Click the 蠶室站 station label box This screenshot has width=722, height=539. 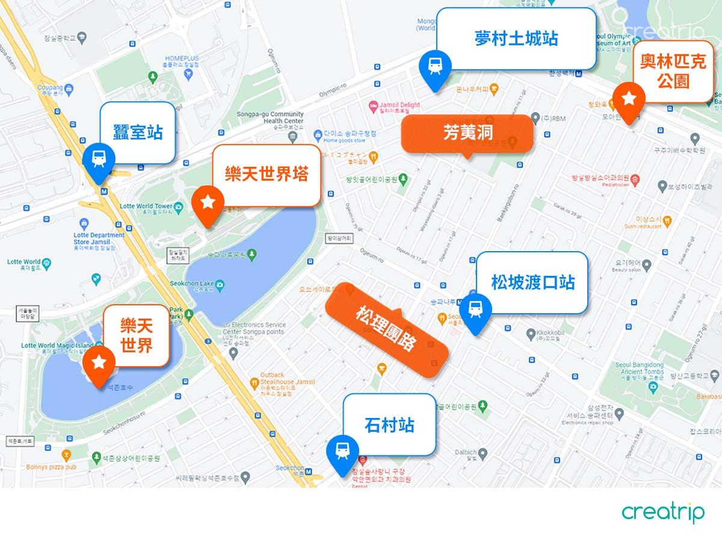pos(138,132)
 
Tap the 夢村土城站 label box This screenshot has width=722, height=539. pos(516,39)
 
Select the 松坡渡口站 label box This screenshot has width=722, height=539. pos(532,282)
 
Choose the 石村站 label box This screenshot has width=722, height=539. pos(389,425)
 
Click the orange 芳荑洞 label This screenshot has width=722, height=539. pos(467,132)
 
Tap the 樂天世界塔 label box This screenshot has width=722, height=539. pos(266,175)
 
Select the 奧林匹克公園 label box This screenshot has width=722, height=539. pos(672,72)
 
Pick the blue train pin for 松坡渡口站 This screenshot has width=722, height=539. pos(475,311)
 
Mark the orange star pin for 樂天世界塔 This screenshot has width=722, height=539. pos(208,204)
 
